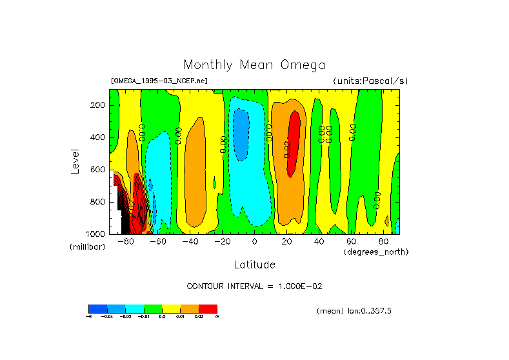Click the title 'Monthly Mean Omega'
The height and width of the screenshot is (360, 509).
click(254, 65)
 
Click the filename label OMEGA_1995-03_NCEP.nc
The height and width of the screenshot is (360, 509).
click(159, 81)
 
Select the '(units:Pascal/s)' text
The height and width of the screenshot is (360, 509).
click(370, 81)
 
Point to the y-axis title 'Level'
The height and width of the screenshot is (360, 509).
click(75, 161)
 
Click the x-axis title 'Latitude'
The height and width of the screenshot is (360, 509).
click(254, 265)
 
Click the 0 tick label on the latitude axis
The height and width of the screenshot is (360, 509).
click(254, 241)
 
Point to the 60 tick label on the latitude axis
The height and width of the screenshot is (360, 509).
click(351, 241)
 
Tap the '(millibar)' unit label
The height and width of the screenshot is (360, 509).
click(87, 247)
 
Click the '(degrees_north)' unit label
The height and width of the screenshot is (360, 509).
click(376, 252)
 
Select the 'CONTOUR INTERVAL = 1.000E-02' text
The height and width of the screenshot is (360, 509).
click(254, 286)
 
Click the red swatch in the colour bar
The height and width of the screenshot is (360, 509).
click(208, 308)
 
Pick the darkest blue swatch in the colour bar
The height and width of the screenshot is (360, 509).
click(97, 308)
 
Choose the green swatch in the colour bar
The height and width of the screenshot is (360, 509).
click(153, 308)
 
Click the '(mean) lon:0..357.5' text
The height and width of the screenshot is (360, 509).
click(354, 311)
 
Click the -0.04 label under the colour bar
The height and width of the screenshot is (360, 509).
click(106, 317)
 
